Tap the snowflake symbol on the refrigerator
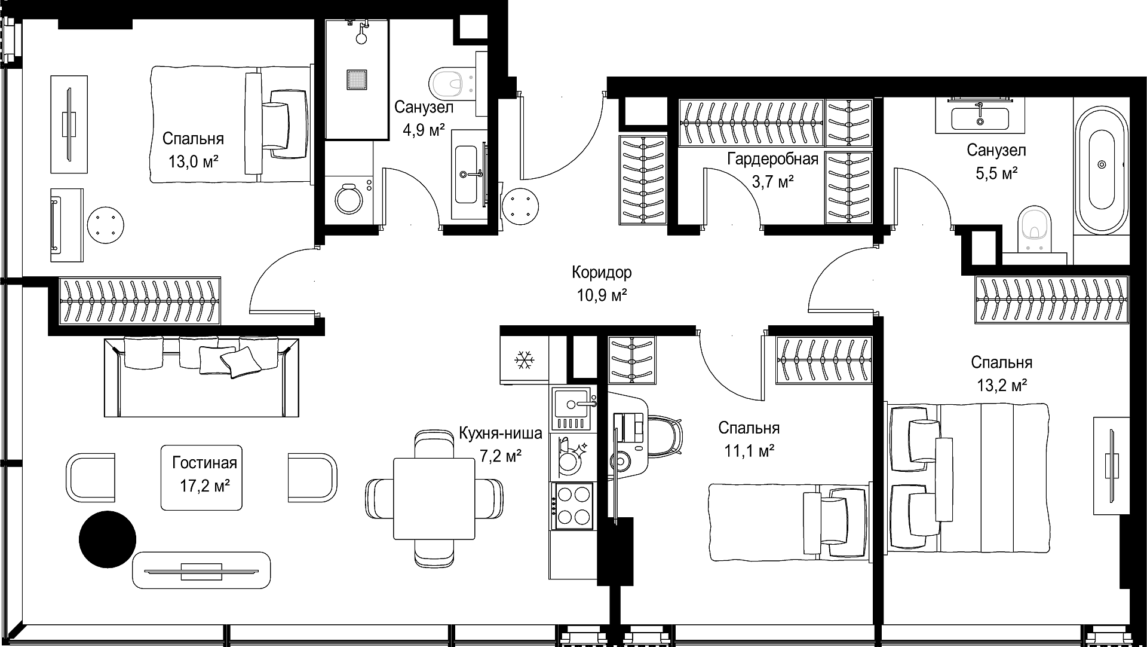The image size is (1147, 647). tap(524, 360)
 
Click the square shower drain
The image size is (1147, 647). tap(356, 80)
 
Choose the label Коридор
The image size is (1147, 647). tap(602, 273)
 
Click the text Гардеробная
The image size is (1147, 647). tap(772, 159)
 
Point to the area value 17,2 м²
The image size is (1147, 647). tap(205, 486)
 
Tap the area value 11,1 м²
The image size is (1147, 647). tap(749, 450)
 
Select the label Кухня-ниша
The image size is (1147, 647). tap(501, 433)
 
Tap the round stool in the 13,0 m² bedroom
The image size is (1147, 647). tap(106, 225)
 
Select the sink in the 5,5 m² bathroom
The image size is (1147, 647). tap(980, 118)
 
